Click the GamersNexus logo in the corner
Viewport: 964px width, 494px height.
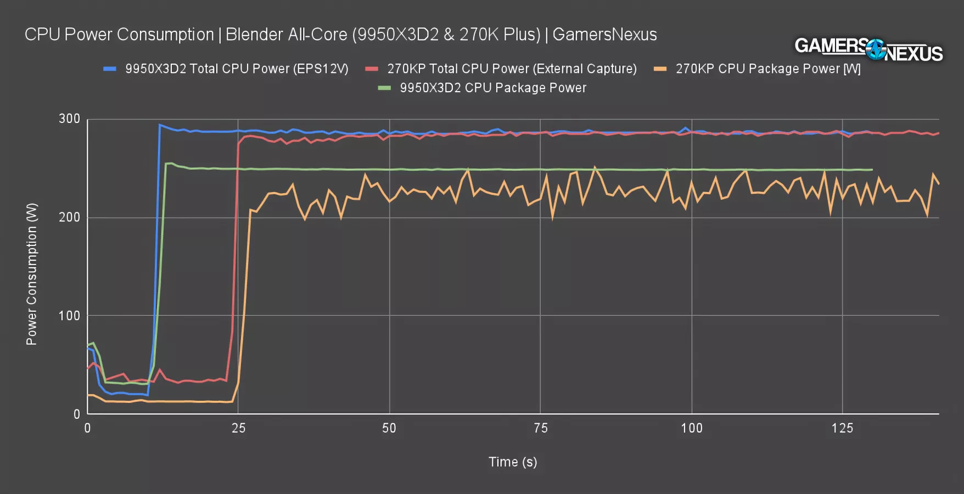(x=868, y=49)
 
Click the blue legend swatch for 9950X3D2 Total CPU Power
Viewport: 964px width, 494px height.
(x=110, y=69)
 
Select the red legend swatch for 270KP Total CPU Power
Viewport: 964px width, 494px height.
(x=372, y=69)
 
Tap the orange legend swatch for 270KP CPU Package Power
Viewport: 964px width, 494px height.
(x=660, y=69)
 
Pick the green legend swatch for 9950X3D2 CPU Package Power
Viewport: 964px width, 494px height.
(x=384, y=88)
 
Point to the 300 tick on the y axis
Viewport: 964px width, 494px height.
(x=70, y=119)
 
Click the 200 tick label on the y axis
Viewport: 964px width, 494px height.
(x=70, y=217)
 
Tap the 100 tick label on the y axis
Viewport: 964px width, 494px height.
(x=70, y=316)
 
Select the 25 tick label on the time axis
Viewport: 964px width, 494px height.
(x=238, y=429)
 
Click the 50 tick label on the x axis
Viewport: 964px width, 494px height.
(x=389, y=429)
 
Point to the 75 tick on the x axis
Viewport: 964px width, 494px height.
(x=541, y=429)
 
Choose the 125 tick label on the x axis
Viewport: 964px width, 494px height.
(x=842, y=429)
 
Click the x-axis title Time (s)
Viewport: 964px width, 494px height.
(x=513, y=462)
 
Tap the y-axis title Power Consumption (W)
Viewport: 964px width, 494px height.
(x=32, y=274)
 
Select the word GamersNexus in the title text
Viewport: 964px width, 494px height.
(x=604, y=35)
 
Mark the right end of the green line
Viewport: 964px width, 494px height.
(x=872, y=170)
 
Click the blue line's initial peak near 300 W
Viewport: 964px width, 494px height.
(x=160, y=125)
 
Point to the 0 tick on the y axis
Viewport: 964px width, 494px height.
(x=77, y=414)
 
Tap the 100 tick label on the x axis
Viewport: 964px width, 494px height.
(x=692, y=429)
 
